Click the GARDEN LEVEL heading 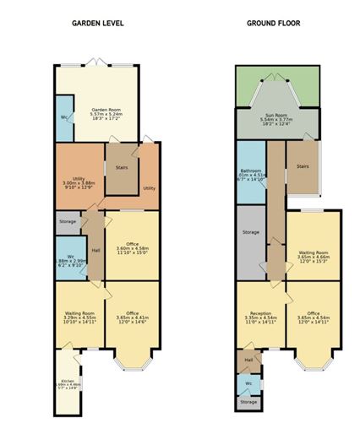click(99, 24)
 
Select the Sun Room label click(275, 117)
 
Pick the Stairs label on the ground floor click(302, 166)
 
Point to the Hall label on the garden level click(95, 251)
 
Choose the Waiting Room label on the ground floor click(314, 251)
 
